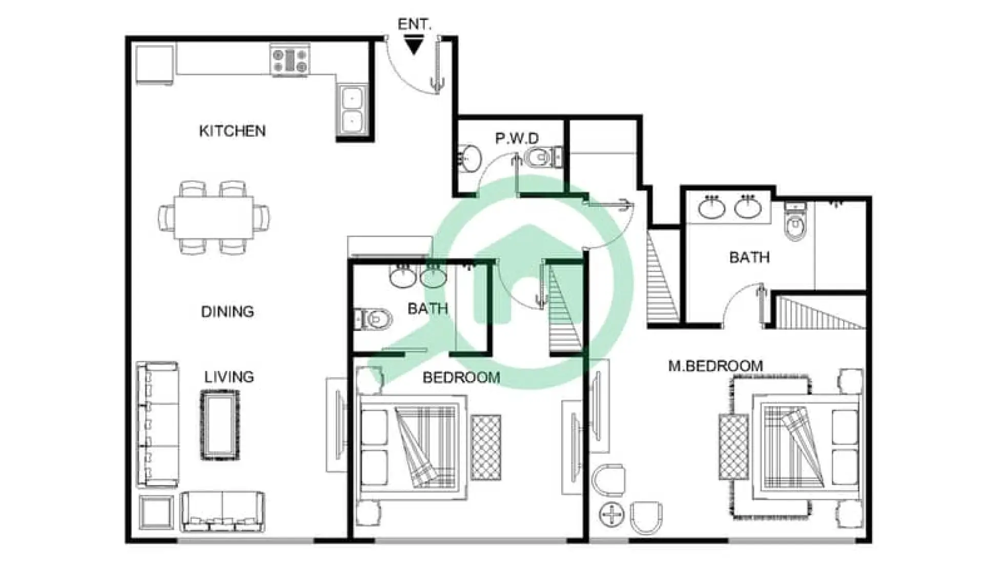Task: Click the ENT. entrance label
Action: tap(414, 24)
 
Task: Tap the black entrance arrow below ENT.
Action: tap(414, 46)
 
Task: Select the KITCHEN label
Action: tap(232, 131)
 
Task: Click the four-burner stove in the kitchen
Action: tap(290, 60)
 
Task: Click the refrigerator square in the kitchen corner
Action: tap(154, 65)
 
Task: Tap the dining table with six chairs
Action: tap(214, 217)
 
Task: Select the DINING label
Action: tap(227, 311)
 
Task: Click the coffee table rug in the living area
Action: tap(220, 425)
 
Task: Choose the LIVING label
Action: tap(229, 377)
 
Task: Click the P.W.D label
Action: tap(517, 138)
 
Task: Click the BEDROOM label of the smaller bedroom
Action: tap(461, 378)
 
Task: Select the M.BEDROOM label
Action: tap(716, 366)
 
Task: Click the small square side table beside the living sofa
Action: tap(157, 512)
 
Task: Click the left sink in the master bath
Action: tap(711, 208)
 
